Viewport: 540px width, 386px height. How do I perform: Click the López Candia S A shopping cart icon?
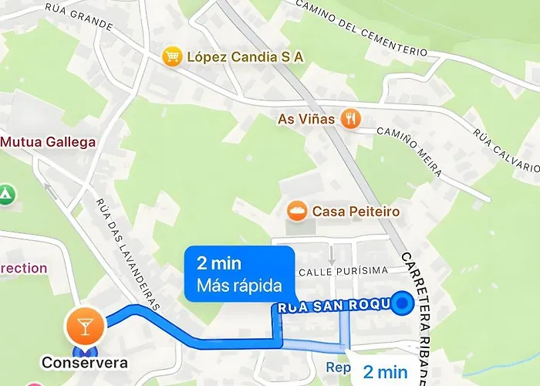(171, 56)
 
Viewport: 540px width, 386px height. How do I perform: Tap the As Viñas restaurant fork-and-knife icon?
(353, 118)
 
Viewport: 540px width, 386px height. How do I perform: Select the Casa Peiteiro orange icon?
(297, 210)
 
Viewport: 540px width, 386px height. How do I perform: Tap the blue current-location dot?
(402, 305)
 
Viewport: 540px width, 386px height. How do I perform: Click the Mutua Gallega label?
(48, 142)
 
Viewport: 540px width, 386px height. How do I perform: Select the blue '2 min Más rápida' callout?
(240, 273)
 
